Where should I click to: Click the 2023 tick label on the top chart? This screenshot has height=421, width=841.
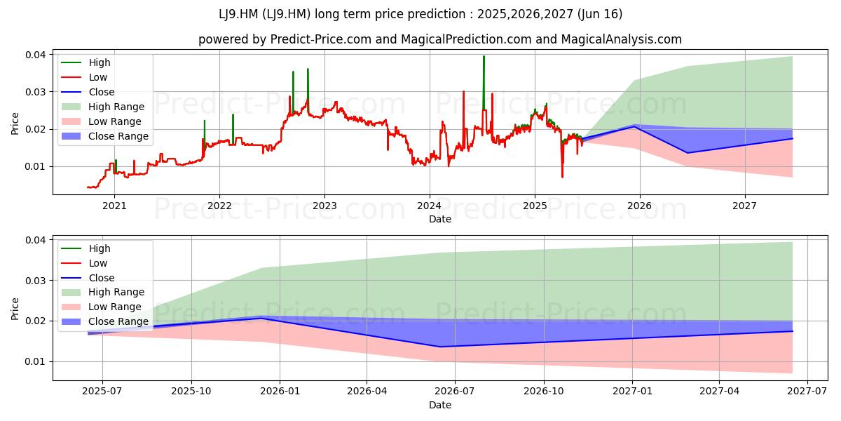[324, 206]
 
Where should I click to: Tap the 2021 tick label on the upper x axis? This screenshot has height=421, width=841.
[114, 206]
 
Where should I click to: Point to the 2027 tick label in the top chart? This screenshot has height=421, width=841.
[745, 206]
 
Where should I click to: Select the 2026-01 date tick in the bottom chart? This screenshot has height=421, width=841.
[280, 392]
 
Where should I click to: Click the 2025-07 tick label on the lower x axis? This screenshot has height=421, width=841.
[102, 392]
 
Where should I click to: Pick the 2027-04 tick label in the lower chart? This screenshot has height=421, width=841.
[719, 392]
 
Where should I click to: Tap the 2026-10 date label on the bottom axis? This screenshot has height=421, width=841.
[544, 392]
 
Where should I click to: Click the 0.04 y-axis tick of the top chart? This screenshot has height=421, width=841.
[36, 55]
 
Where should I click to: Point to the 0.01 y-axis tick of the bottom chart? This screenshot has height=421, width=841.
[36, 361]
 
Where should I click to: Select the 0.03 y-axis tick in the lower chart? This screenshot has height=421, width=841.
[36, 281]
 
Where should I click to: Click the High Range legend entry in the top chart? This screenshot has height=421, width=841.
[102, 107]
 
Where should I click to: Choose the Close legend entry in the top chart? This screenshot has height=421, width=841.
[88, 92]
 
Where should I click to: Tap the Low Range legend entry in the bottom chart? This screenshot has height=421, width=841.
[101, 307]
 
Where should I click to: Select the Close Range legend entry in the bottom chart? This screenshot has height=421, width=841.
[104, 322]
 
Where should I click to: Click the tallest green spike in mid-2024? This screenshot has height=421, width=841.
[484, 83]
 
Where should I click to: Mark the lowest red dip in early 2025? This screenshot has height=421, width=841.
[562, 177]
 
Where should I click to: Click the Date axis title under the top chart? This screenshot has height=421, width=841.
[440, 219]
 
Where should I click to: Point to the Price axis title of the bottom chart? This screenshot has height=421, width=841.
[15, 309]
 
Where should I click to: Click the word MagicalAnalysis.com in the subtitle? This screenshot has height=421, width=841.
[622, 39]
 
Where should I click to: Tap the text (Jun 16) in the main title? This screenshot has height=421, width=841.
[600, 14]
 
